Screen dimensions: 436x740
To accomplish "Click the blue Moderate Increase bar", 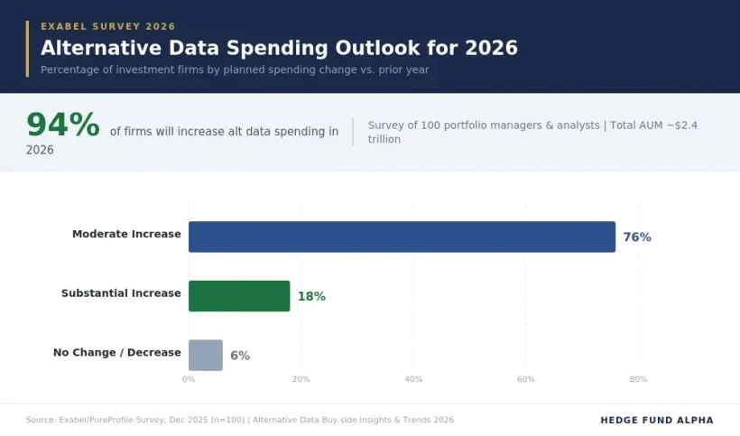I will [x=402, y=237].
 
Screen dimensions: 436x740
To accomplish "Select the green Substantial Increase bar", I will [x=239, y=296].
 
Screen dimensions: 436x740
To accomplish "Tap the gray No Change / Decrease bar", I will [x=205, y=355].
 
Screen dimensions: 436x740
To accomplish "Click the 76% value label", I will [x=636, y=237].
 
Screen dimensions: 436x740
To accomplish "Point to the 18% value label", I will [x=311, y=296].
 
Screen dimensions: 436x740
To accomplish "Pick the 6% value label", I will [x=240, y=356].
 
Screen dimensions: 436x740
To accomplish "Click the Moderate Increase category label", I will [x=126, y=235].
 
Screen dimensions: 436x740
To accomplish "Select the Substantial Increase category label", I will [x=121, y=293].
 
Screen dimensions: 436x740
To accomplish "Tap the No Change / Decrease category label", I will [x=117, y=352].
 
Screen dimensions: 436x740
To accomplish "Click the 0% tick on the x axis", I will [x=189, y=379].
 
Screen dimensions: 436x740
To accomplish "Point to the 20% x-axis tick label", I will [x=301, y=379].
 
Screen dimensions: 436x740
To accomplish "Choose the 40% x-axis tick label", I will [x=413, y=379].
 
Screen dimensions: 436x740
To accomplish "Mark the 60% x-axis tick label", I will [x=526, y=379].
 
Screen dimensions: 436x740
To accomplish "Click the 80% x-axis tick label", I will [x=638, y=379].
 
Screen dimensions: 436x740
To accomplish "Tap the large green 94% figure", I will [x=62, y=125].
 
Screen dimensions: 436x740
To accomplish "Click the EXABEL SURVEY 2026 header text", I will [x=108, y=27].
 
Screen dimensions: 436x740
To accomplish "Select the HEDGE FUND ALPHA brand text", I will [x=656, y=420].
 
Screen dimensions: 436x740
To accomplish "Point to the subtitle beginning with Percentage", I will [x=235, y=70].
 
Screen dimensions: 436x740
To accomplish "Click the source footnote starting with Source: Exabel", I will [x=239, y=420].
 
